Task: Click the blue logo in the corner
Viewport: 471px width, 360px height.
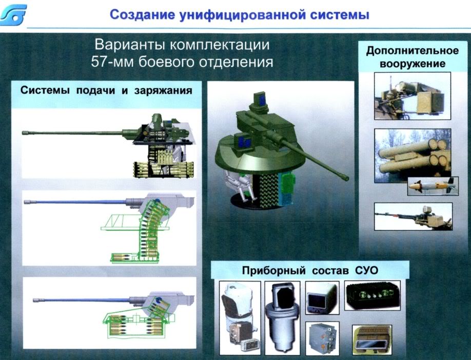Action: point(14,15)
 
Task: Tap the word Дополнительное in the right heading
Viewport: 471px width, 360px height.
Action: point(412,51)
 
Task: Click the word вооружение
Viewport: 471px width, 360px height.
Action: point(413,64)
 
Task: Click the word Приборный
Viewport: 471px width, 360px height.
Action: point(273,271)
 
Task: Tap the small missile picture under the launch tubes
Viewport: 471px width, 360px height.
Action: point(433,186)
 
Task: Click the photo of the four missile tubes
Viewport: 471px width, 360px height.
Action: point(413,155)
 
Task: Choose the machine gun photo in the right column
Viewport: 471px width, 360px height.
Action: point(413,216)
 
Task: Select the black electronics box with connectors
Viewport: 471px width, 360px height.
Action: point(372,295)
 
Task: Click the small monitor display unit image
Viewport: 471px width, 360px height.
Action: point(322,297)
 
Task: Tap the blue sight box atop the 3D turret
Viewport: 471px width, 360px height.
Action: point(260,99)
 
